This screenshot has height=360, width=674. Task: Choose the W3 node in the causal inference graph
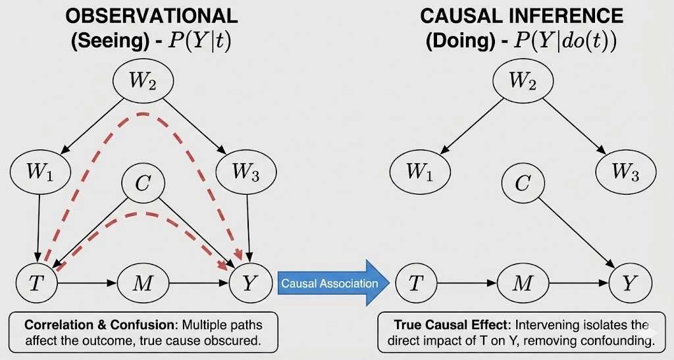pyautogui.click(x=625, y=172)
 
